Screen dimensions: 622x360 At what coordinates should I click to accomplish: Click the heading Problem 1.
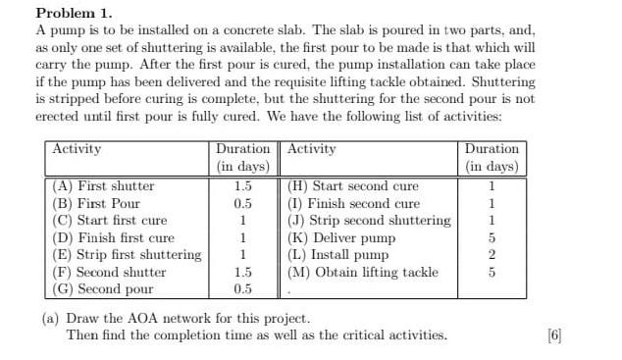[74, 14]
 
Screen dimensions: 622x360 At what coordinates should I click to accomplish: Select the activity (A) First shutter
[102, 186]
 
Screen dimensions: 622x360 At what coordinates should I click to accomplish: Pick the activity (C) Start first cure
[109, 221]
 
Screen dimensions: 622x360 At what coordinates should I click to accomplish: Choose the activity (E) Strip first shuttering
[126, 255]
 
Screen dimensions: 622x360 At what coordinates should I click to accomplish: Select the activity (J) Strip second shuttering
[369, 221]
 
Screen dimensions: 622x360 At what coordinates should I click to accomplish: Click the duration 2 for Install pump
[492, 255]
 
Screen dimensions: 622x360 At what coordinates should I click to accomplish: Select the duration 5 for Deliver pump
[492, 238]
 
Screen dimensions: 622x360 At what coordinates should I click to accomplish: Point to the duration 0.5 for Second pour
[242, 289]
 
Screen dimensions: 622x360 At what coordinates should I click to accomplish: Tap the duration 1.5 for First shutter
[242, 186]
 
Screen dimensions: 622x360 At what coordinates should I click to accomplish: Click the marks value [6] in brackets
[554, 335]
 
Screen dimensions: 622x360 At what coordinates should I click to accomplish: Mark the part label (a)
[50, 319]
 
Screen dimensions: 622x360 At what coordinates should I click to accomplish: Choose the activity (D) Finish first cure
[112, 238]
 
